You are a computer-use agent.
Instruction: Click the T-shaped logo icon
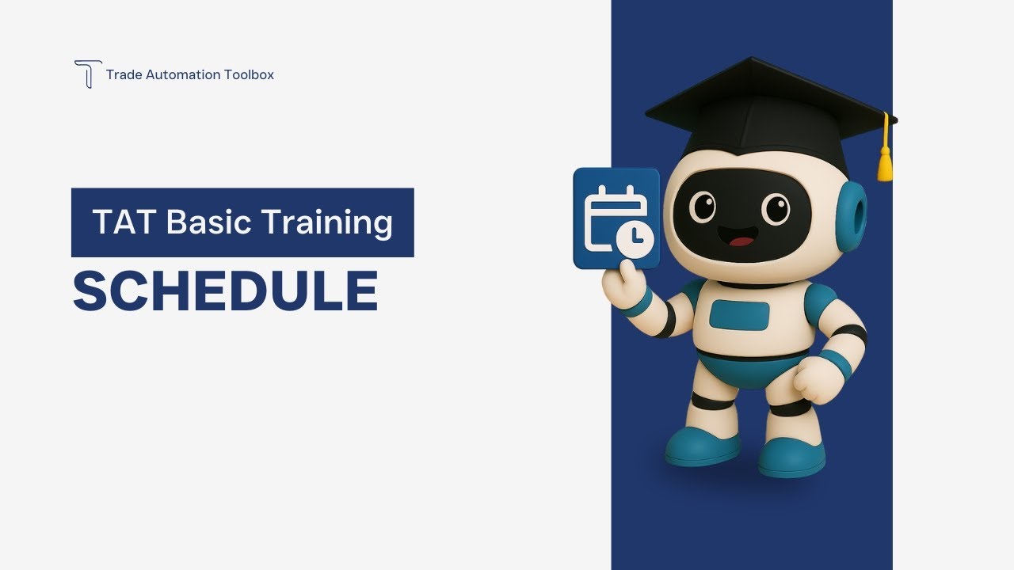(x=88, y=74)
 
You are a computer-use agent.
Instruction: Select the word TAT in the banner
(x=125, y=222)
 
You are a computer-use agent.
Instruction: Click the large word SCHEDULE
(x=226, y=291)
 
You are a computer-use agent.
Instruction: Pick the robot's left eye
(x=702, y=207)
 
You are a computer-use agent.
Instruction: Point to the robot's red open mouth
(x=741, y=240)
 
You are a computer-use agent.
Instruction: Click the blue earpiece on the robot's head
(x=851, y=216)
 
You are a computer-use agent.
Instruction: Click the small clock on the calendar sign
(x=636, y=239)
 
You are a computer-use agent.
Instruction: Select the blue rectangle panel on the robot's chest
(x=739, y=315)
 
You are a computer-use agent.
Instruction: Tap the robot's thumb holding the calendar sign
(x=626, y=273)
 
